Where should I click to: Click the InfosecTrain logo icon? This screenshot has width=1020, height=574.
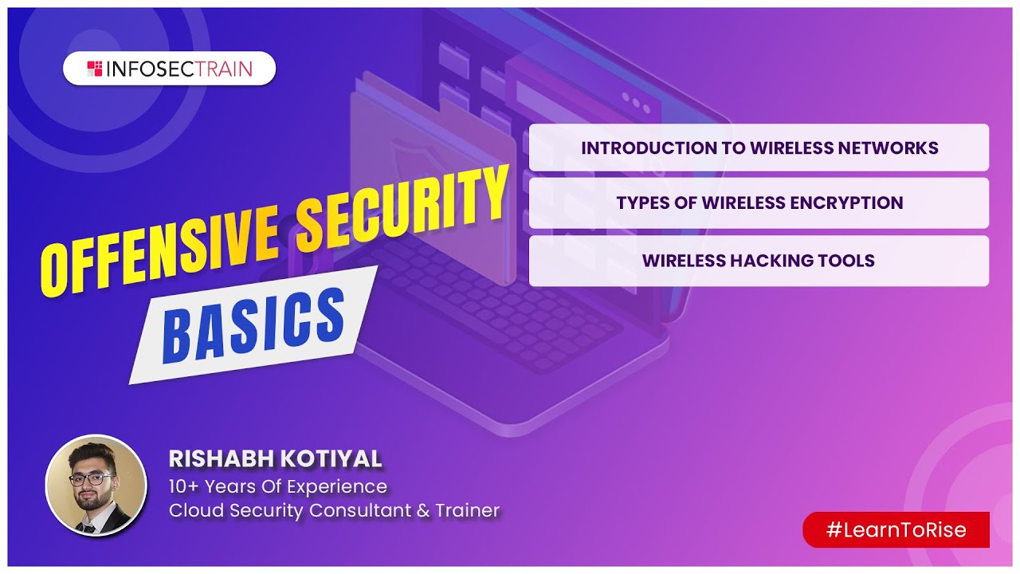coord(94,69)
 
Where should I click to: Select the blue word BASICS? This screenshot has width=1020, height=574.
coord(253,323)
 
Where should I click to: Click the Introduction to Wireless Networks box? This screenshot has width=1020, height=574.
coord(759,147)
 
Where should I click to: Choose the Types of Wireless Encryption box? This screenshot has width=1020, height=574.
coord(759,202)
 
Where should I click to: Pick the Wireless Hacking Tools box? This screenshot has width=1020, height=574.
coord(759,261)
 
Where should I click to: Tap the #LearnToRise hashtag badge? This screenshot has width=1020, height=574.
coord(896,530)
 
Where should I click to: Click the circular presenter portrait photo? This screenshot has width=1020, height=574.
coord(96,486)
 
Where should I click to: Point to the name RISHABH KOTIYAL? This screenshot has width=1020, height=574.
coord(275,459)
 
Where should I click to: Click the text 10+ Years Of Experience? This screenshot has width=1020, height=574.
coord(277,486)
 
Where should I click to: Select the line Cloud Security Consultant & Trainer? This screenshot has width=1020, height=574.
coord(334,511)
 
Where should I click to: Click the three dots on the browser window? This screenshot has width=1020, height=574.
coord(636,100)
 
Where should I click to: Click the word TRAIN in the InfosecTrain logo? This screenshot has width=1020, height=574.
coord(221,69)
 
